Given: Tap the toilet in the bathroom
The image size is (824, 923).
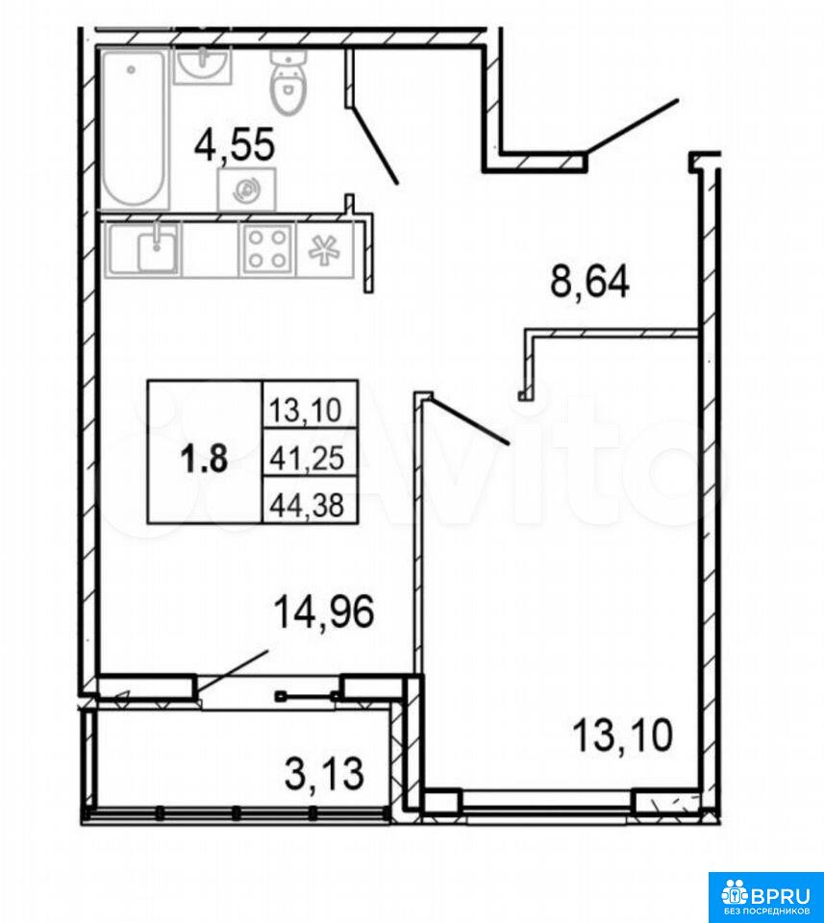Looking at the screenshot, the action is click(x=289, y=83).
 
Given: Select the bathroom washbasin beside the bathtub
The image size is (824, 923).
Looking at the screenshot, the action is click(x=203, y=65).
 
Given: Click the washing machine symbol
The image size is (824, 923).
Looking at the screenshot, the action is click(x=246, y=188).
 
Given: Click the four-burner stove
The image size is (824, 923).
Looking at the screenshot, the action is click(x=267, y=249).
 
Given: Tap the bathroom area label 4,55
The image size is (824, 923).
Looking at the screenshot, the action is click(x=236, y=145).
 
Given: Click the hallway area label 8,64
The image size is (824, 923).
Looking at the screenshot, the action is click(x=589, y=282).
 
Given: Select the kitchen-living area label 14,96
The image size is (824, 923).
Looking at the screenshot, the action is click(x=324, y=612).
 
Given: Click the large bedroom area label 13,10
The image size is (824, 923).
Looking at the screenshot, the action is click(x=622, y=736).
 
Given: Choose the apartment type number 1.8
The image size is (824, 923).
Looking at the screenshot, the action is click(x=204, y=459).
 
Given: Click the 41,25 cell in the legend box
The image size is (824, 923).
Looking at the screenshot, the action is click(x=307, y=458).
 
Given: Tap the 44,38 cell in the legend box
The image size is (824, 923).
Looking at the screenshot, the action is click(x=307, y=505).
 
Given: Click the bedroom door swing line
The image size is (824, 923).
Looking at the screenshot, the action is click(x=469, y=420).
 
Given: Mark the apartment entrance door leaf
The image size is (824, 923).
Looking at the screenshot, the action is click(x=633, y=126).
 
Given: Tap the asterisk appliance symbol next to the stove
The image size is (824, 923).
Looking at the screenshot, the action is click(x=325, y=250).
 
